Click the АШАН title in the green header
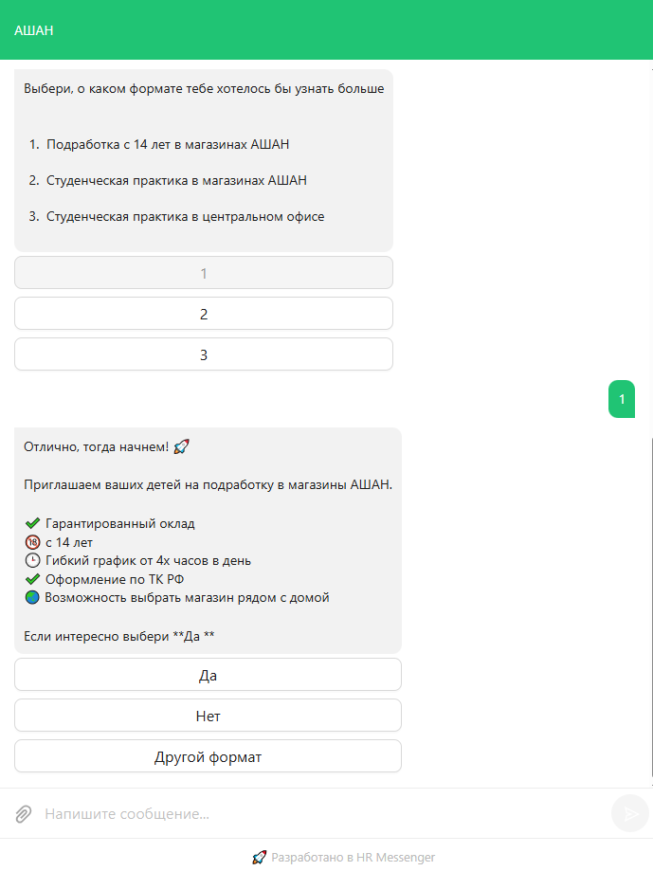(x=34, y=30)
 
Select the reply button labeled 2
(x=204, y=314)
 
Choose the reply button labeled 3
(x=204, y=354)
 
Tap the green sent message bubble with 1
(x=622, y=399)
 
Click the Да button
(x=208, y=675)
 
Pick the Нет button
(x=208, y=716)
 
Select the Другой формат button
(x=208, y=756)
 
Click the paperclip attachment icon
(x=24, y=813)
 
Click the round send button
(x=629, y=813)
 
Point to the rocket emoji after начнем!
(x=183, y=446)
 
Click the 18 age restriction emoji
(x=32, y=542)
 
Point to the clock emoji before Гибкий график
(x=32, y=560)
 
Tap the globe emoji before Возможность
(x=32, y=597)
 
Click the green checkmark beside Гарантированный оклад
(x=32, y=523)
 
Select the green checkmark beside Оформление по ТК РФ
(x=32, y=579)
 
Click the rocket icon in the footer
(x=259, y=857)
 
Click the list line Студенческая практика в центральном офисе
(x=185, y=216)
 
